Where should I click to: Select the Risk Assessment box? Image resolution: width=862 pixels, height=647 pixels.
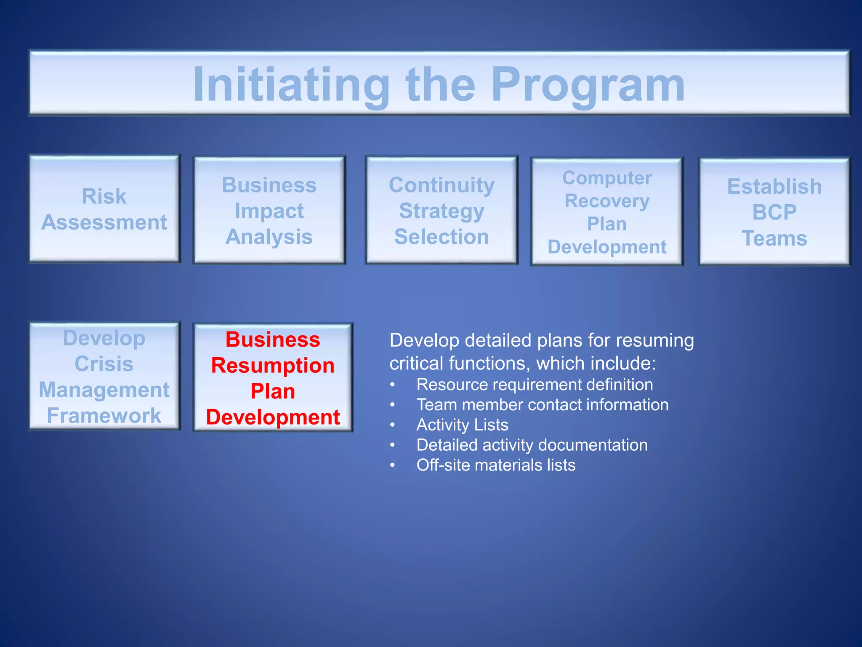point(104,209)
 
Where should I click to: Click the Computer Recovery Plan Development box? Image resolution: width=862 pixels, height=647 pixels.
point(607,212)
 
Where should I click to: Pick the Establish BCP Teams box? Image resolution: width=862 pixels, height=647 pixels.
point(774,212)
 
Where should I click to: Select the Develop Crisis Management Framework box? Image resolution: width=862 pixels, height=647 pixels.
point(104,376)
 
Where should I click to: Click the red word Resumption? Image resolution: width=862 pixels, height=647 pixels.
point(273,365)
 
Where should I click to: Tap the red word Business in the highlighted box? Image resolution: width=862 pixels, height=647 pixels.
point(273,340)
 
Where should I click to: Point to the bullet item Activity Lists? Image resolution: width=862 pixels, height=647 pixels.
point(462,425)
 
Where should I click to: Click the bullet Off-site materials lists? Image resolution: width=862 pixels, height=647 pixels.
point(496,465)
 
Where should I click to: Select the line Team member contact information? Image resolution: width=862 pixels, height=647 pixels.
point(542,405)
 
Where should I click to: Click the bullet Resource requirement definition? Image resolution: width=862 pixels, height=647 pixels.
point(535,385)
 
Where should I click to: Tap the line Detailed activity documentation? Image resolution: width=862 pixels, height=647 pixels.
point(532,445)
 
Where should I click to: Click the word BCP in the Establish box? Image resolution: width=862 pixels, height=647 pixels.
point(774,212)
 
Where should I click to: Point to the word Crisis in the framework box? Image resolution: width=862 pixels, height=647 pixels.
point(104,364)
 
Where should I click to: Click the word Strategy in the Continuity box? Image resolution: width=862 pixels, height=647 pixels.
point(442,211)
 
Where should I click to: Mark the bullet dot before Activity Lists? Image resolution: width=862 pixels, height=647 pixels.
point(392,425)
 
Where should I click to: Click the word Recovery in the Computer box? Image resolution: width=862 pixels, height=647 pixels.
point(607,201)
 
